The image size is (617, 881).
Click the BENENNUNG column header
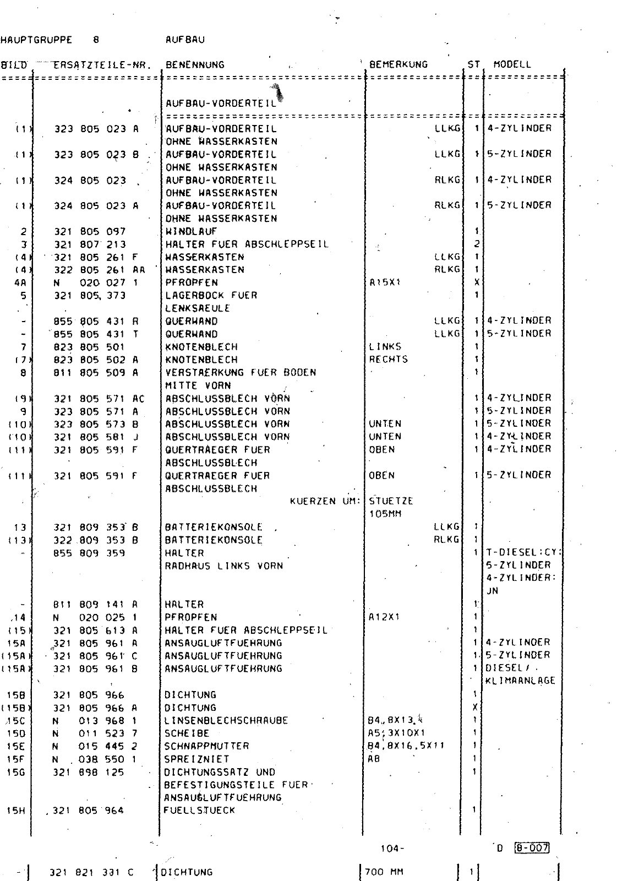click(x=195, y=64)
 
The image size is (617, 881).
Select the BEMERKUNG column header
click(x=398, y=64)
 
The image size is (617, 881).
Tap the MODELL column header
click(x=512, y=64)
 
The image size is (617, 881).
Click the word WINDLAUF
click(x=191, y=232)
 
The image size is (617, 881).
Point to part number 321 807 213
click(x=90, y=244)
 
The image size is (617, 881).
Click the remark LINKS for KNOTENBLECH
click(x=385, y=347)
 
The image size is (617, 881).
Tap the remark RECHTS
click(x=388, y=360)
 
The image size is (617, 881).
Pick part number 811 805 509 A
click(x=96, y=373)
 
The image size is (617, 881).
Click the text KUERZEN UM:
click(x=324, y=501)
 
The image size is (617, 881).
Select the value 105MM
click(x=385, y=514)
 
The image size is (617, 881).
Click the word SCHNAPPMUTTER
click(x=206, y=746)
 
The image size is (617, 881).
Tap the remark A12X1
click(x=384, y=617)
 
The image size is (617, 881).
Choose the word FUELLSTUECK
click(x=199, y=811)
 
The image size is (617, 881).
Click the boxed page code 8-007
click(x=532, y=848)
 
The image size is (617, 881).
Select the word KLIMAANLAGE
click(x=520, y=681)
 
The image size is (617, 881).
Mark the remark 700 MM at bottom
click(x=383, y=872)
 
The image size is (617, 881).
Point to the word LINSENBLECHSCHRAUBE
click(x=226, y=721)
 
